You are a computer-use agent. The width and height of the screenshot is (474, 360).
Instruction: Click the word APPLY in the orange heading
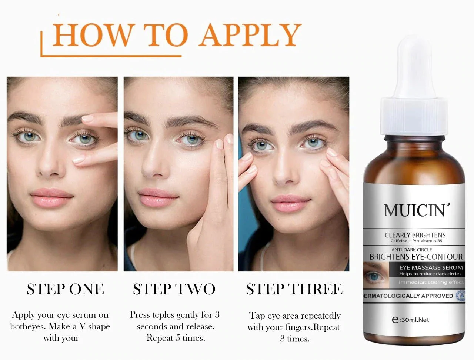[x=250, y=34]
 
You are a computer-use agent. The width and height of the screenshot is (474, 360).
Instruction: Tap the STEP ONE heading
[x=65, y=289]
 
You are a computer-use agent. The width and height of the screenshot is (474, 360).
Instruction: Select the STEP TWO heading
[x=174, y=289]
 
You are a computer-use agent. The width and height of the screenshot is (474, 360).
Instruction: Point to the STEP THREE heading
[x=294, y=289]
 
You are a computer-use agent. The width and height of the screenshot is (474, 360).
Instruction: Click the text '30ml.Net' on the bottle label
[x=414, y=320]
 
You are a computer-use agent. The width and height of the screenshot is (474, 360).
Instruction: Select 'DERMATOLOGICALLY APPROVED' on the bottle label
[x=408, y=296]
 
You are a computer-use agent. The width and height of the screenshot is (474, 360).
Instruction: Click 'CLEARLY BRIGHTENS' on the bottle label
[x=415, y=235]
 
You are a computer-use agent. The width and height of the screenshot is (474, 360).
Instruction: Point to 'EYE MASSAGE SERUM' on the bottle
[x=431, y=268]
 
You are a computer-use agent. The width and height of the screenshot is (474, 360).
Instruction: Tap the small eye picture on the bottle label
[x=376, y=275]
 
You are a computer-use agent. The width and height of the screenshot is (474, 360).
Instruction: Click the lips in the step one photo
[x=51, y=197]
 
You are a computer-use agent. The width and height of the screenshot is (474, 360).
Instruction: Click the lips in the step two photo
[x=158, y=197]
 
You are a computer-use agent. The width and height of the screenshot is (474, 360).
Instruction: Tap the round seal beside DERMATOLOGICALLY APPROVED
[x=460, y=296]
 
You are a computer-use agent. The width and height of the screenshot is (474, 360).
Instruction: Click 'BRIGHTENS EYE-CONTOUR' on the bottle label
[x=416, y=257]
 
